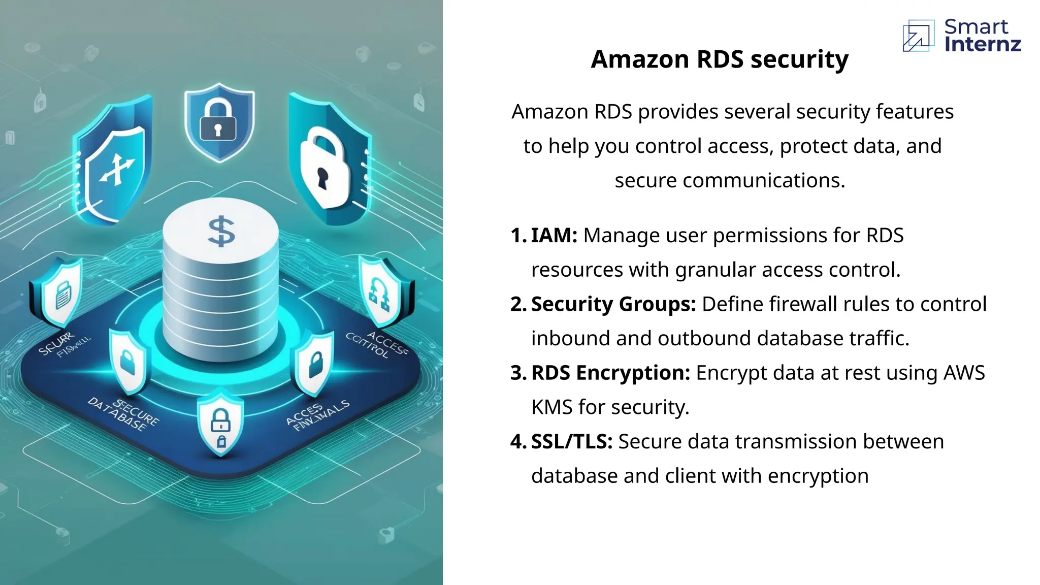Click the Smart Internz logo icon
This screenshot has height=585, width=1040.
(x=918, y=36)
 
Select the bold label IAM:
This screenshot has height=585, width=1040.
(x=554, y=236)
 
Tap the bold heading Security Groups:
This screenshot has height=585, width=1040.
(x=613, y=304)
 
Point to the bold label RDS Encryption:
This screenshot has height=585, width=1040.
(x=610, y=373)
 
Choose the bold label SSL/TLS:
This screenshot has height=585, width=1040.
(x=572, y=442)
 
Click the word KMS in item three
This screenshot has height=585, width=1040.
(x=552, y=407)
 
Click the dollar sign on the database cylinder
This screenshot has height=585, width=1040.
(x=222, y=232)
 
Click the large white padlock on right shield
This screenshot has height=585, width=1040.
(x=323, y=168)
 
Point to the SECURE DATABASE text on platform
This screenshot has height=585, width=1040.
(x=124, y=414)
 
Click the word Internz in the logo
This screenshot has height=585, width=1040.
(x=982, y=44)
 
